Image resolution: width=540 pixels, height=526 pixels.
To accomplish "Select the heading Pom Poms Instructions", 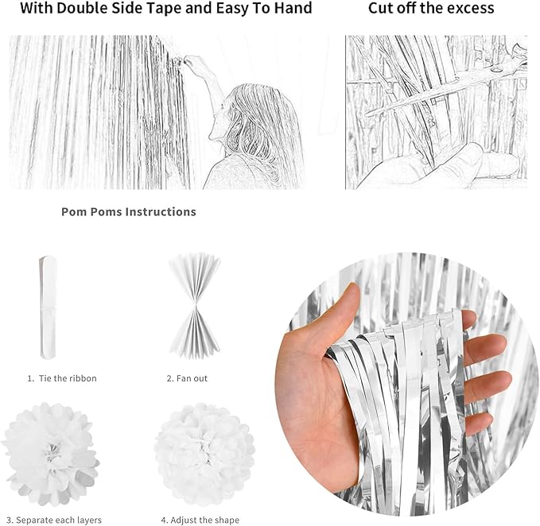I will click(x=128, y=212).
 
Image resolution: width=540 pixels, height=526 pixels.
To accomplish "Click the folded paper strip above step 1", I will click(x=49, y=307).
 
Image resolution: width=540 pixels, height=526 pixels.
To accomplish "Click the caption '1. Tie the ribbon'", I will click(x=62, y=378).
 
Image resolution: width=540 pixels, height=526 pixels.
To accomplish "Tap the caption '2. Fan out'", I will click(x=187, y=378).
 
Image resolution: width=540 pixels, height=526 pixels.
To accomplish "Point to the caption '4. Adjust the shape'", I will click(x=200, y=520).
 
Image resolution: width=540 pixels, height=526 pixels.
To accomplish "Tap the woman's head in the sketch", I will click(x=254, y=119).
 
